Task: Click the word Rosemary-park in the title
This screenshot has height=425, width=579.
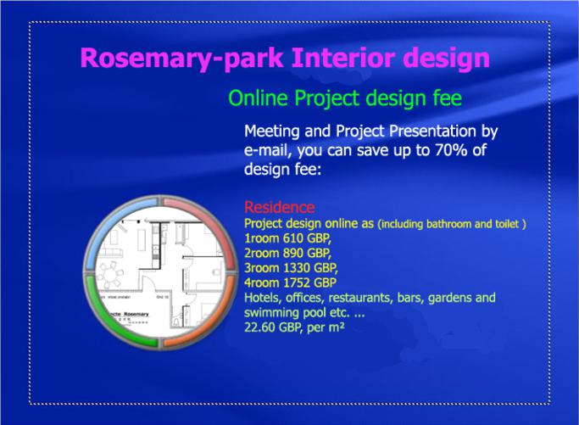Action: [181, 59]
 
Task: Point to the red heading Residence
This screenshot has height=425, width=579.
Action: [280, 207]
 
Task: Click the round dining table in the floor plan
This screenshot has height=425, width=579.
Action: [109, 275]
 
